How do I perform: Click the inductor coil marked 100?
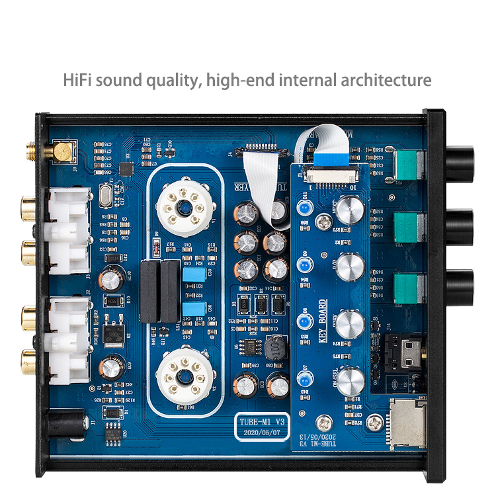(274, 348)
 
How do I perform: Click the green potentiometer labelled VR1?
(407, 165)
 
